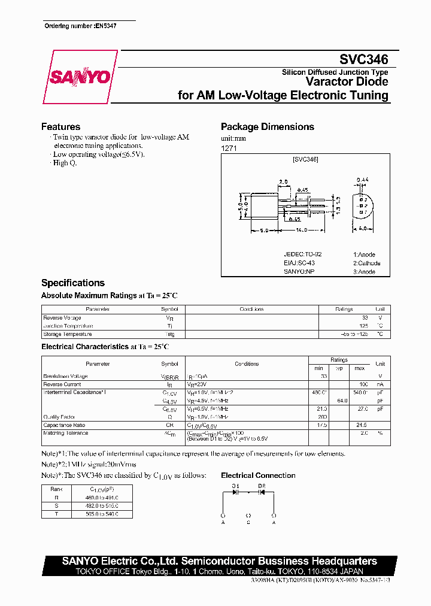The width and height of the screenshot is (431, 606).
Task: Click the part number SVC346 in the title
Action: click(x=364, y=59)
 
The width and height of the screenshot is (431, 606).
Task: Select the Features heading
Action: click(x=60, y=127)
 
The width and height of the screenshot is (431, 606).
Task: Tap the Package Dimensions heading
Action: click(x=267, y=127)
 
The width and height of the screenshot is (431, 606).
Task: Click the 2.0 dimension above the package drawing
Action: click(x=283, y=182)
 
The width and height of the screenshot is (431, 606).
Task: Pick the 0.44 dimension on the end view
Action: click(x=362, y=180)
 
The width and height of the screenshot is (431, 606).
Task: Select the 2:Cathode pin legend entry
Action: click(x=366, y=263)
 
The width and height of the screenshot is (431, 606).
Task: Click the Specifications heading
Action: click(x=72, y=283)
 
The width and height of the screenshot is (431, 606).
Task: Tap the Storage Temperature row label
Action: click(x=67, y=334)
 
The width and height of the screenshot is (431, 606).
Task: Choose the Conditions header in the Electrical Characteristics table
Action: click(x=247, y=363)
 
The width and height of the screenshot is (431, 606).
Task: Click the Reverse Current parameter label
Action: click(x=62, y=384)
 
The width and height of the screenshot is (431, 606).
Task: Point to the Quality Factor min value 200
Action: click(x=323, y=416)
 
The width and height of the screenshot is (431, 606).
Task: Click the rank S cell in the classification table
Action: click(x=56, y=505)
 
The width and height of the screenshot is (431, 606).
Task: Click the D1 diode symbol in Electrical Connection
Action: click(x=235, y=492)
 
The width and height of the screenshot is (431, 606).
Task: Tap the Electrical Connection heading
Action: click(x=258, y=475)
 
